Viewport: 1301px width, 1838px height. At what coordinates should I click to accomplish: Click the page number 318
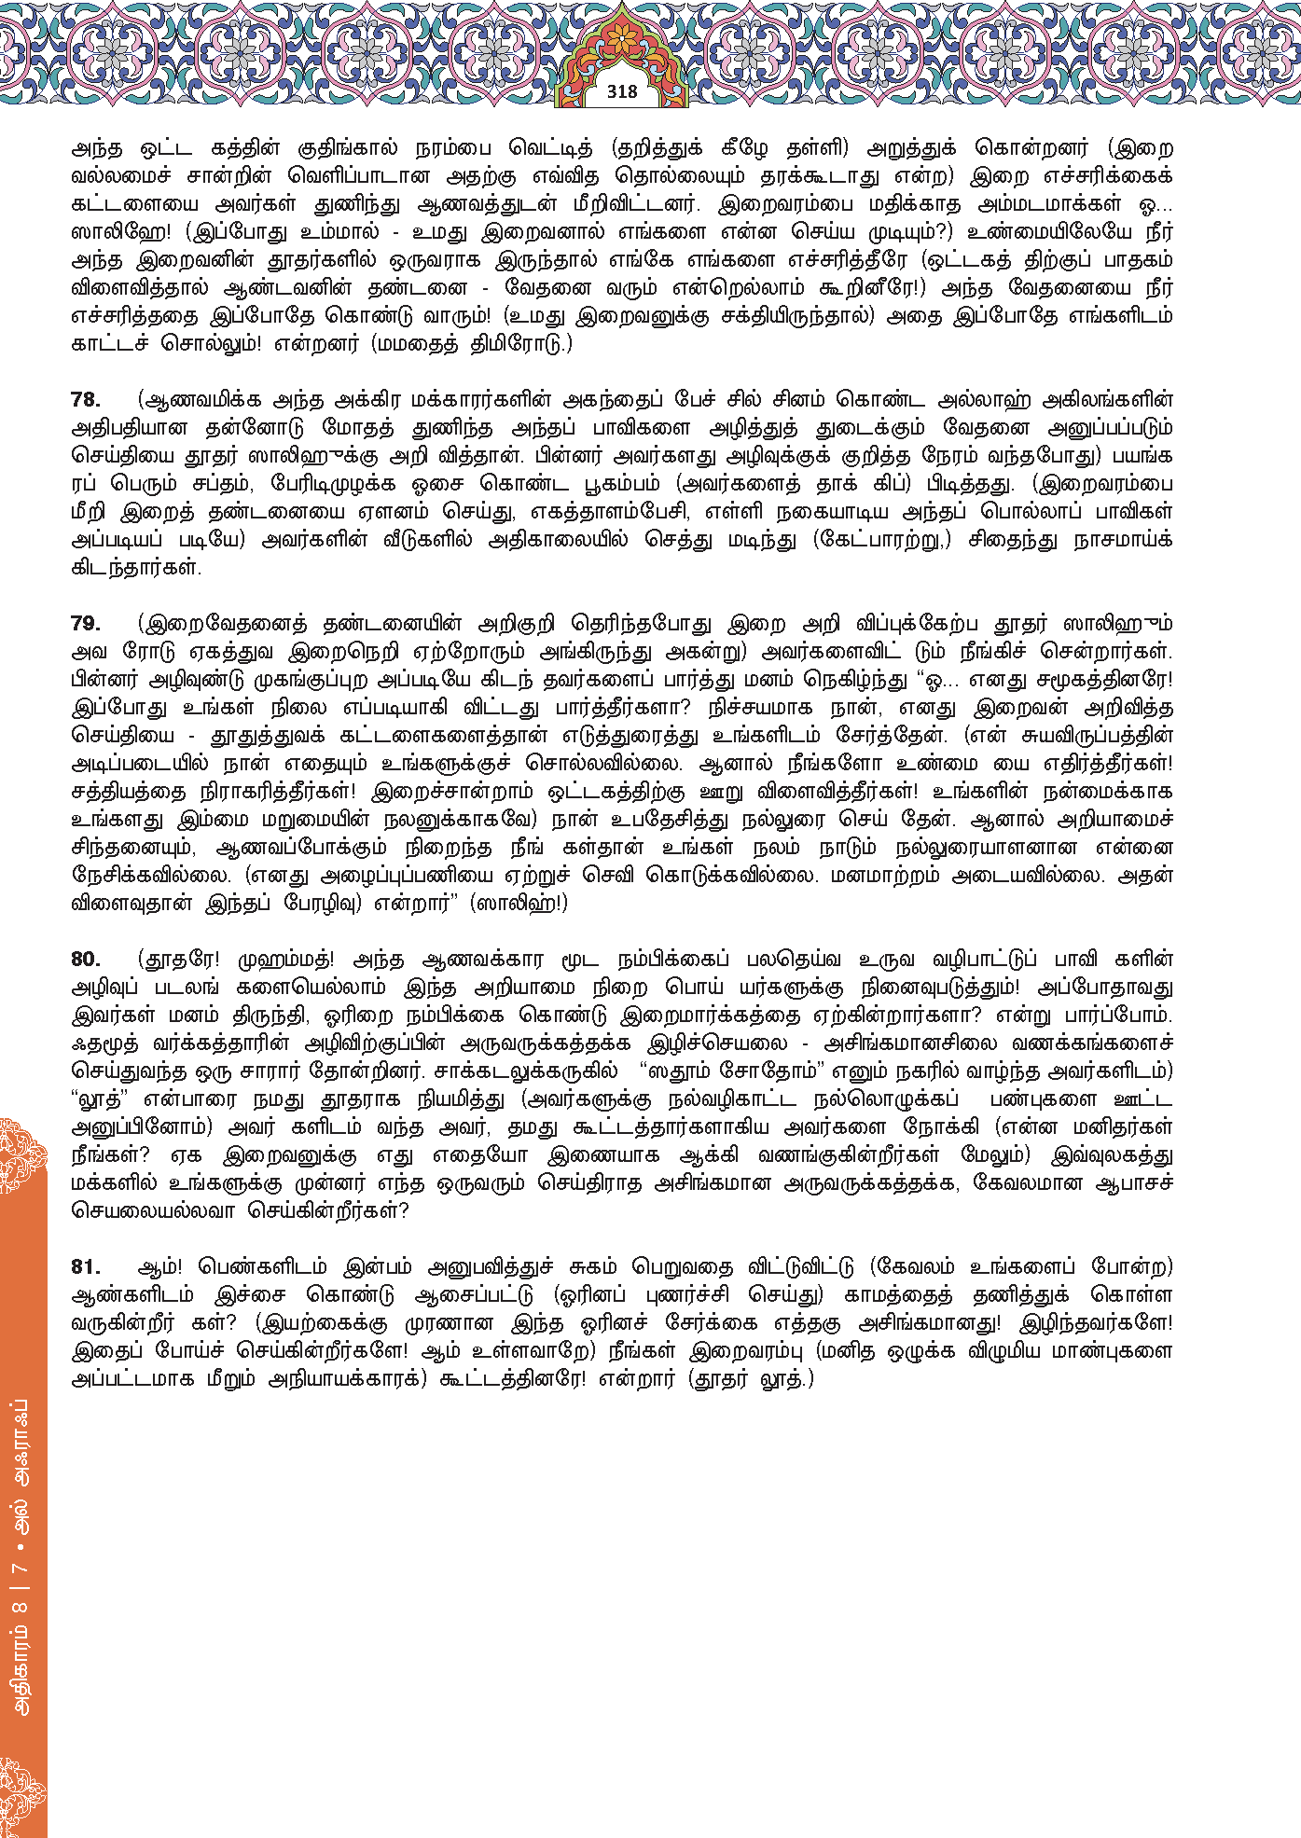coord(622,91)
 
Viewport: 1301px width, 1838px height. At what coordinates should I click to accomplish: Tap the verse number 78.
coord(86,400)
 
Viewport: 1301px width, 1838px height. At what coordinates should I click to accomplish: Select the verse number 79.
coord(86,624)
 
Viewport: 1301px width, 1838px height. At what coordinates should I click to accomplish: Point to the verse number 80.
coord(86,960)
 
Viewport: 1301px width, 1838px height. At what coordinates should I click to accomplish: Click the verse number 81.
coord(86,1267)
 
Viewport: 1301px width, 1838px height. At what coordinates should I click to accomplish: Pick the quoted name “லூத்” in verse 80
coord(100,1099)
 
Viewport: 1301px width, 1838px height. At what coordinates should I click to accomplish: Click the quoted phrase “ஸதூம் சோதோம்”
coord(724,1071)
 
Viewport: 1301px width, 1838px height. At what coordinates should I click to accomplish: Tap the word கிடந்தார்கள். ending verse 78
coord(136,568)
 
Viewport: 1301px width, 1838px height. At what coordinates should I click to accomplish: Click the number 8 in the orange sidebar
coord(22,1606)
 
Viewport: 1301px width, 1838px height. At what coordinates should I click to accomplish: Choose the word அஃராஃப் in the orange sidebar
coord(22,1444)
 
